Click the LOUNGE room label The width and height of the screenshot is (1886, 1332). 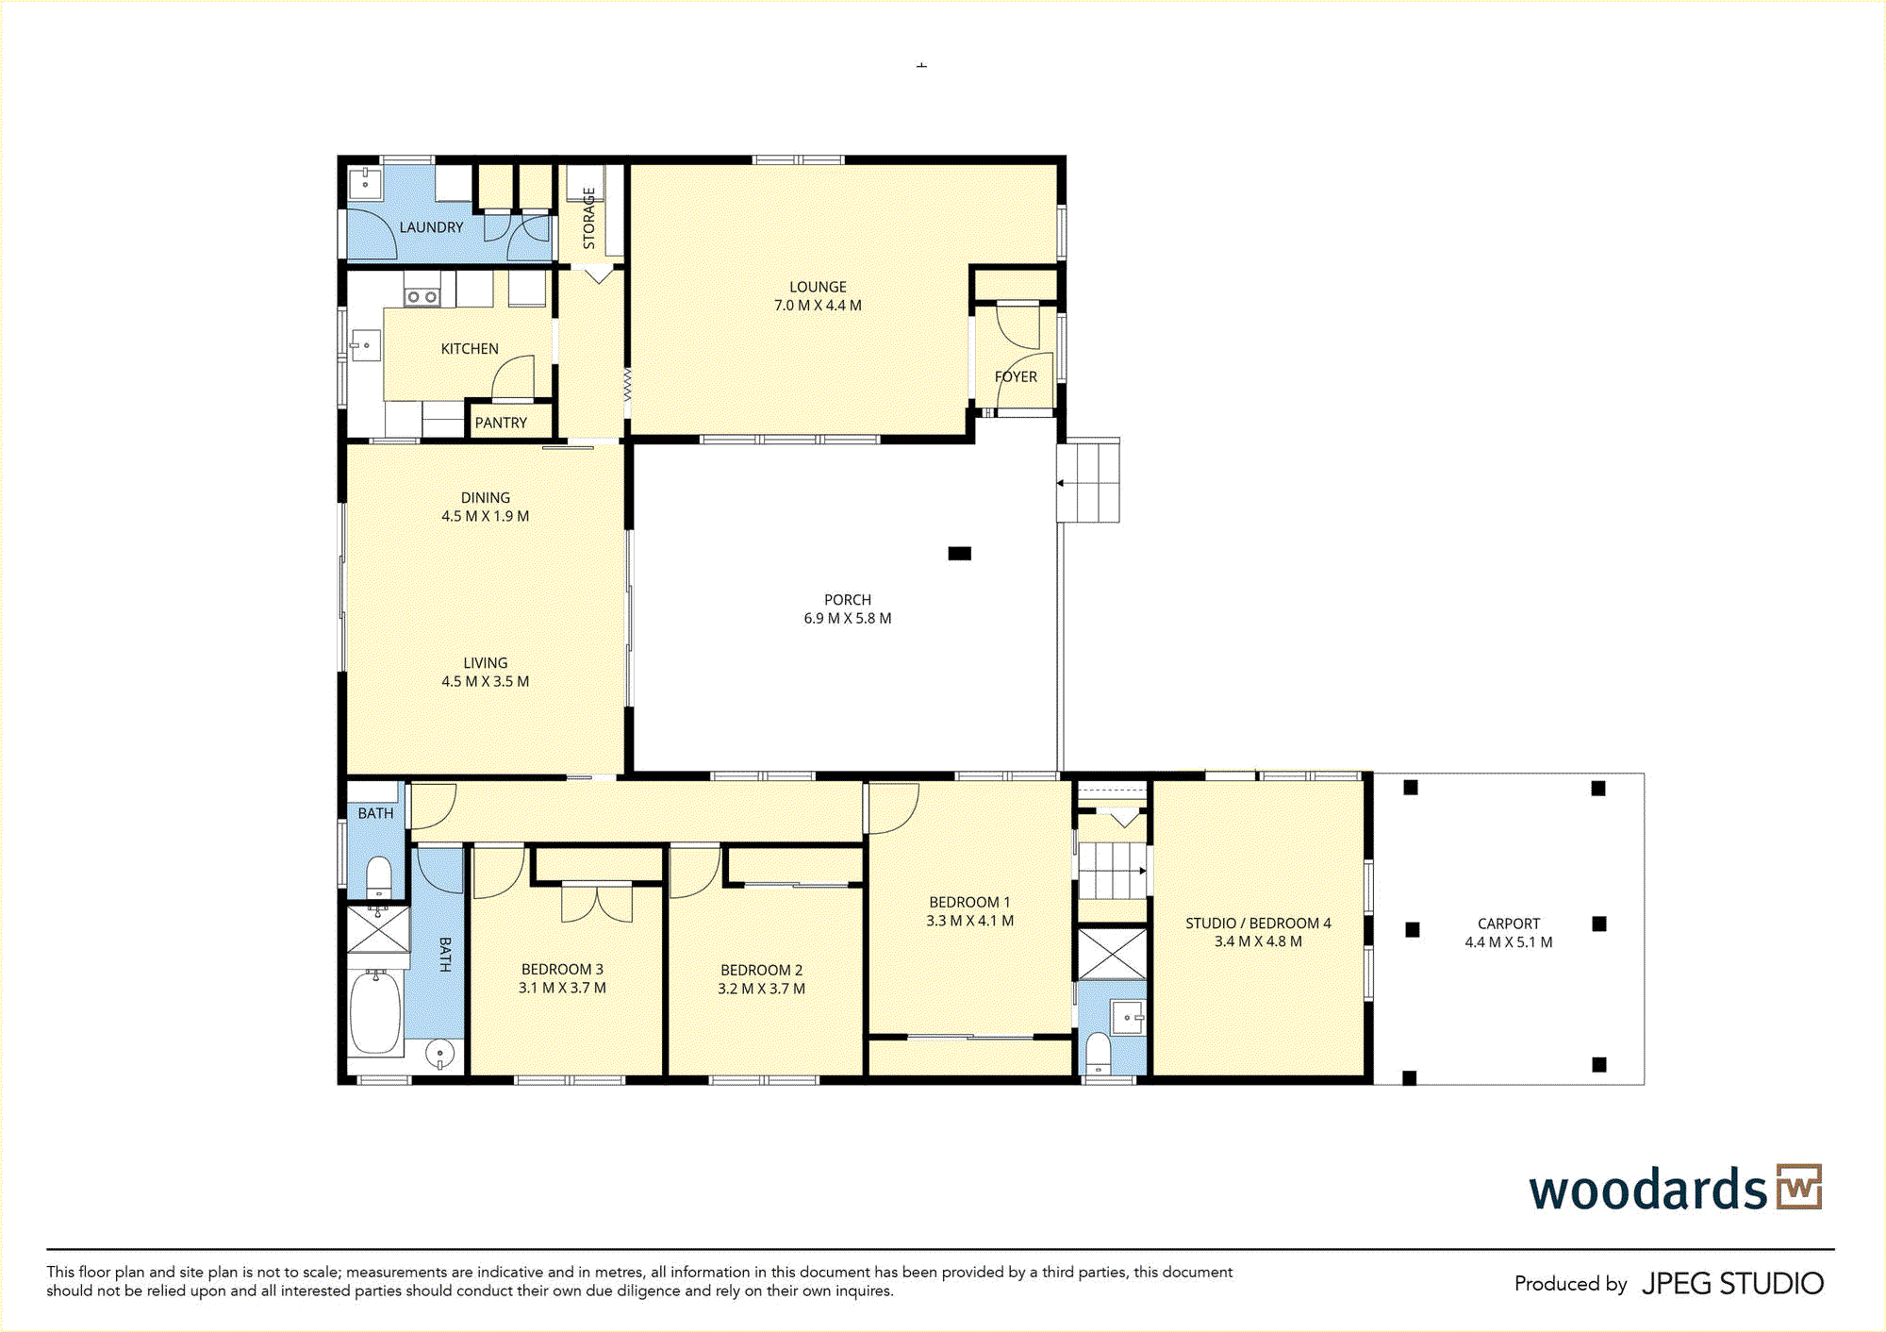click(818, 287)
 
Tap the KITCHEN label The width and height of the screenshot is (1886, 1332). click(470, 349)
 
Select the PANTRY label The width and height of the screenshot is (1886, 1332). click(501, 423)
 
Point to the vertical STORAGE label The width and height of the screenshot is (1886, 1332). click(589, 218)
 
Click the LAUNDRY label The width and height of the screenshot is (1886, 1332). click(431, 227)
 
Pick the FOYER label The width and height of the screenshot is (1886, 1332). click(1016, 376)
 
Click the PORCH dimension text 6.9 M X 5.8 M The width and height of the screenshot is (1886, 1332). click(848, 619)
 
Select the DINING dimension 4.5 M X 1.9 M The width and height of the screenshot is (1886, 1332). click(486, 516)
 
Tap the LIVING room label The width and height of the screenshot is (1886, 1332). click(486, 663)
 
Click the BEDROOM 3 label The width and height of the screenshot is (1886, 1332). click(562, 970)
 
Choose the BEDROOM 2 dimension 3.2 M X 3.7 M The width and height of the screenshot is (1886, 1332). click(761, 989)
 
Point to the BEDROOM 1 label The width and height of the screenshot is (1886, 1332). click(969, 903)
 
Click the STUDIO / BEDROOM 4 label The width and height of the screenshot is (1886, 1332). click(1258, 924)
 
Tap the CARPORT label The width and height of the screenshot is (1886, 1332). click(1509, 924)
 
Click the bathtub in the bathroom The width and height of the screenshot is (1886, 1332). click(375, 1011)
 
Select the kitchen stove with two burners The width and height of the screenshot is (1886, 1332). click(422, 297)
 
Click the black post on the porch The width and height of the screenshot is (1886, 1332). click(959, 554)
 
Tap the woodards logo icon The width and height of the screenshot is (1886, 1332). click(1799, 1187)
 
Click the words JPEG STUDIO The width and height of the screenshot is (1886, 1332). click(1732, 1284)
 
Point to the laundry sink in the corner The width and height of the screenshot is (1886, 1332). click(365, 183)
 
